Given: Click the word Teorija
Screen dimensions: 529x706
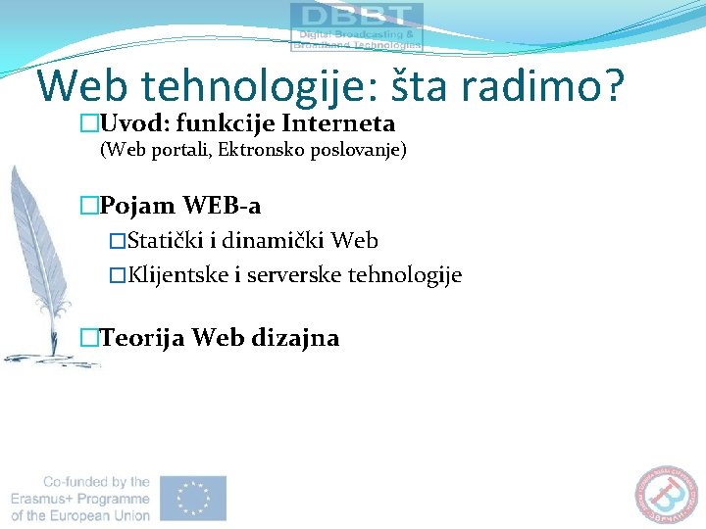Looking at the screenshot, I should click(143, 338).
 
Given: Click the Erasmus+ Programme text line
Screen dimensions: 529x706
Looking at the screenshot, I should click(81, 499).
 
